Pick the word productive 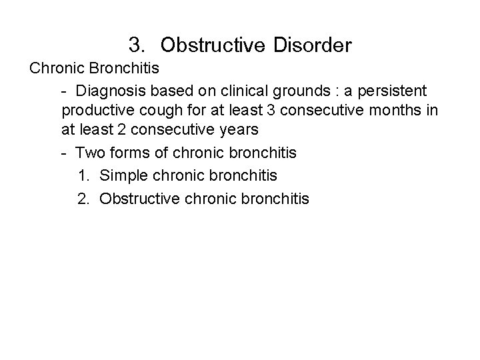click(x=96, y=110)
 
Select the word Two click(x=89, y=153)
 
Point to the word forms click(x=127, y=153)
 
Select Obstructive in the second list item click(x=138, y=198)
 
